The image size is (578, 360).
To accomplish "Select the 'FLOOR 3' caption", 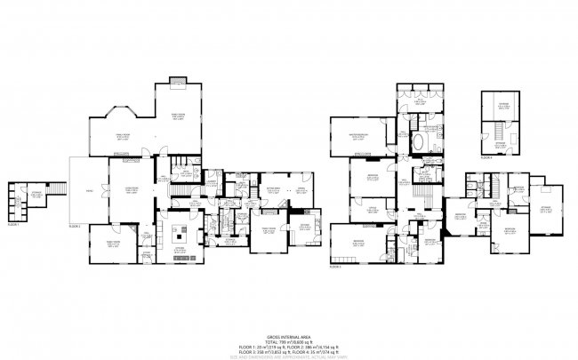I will tap(335, 266).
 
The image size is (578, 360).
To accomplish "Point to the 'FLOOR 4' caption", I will tap(486, 157).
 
